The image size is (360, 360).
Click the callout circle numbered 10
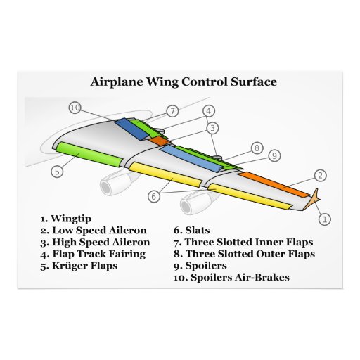point(75,108)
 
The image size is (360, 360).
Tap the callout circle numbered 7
point(173,111)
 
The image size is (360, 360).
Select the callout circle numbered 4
point(209,111)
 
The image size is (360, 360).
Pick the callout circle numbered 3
point(212,128)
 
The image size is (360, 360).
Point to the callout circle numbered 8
point(257,148)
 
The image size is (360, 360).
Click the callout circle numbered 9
point(274,155)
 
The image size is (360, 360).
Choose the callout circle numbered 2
point(319,175)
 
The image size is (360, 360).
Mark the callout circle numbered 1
point(324,219)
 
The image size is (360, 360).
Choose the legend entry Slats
point(198,230)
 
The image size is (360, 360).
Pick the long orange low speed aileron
point(274,182)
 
